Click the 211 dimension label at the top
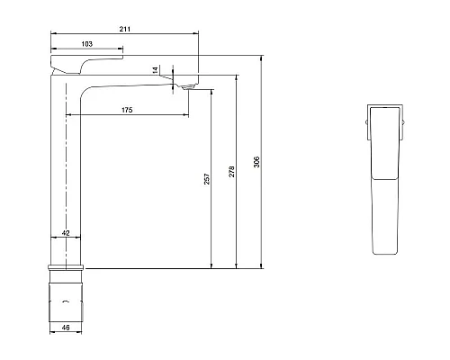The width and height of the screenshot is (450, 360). pyautogui.click(x=125, y=30)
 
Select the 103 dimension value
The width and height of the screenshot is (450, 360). pyautogui.click(x=86, y=44)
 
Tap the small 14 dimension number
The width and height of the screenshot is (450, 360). pyautogui.click(x=155, y=70)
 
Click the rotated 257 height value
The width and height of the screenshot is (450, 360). pyautogui.click(x=207, y=180)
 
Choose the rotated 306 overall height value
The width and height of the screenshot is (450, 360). pyautogui.click(x=256, y=162)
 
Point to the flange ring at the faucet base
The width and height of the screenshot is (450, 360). pyautogui.click(x=66, y=266)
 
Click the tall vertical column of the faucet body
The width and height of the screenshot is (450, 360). pyautogui.click(x=66, y=180)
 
